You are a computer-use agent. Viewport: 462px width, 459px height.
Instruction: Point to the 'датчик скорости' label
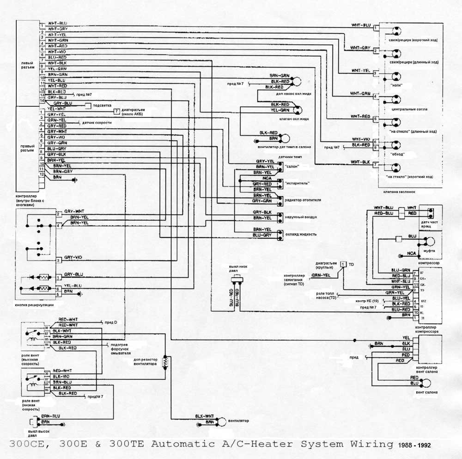97,123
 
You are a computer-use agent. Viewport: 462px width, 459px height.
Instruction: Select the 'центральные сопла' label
409,109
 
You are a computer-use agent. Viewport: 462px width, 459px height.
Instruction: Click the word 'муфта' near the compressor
429,251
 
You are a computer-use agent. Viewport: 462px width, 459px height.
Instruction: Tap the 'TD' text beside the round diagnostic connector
351,264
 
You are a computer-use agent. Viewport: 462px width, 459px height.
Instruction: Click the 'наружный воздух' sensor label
301,217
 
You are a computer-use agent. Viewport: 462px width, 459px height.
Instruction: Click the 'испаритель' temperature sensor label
297,183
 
